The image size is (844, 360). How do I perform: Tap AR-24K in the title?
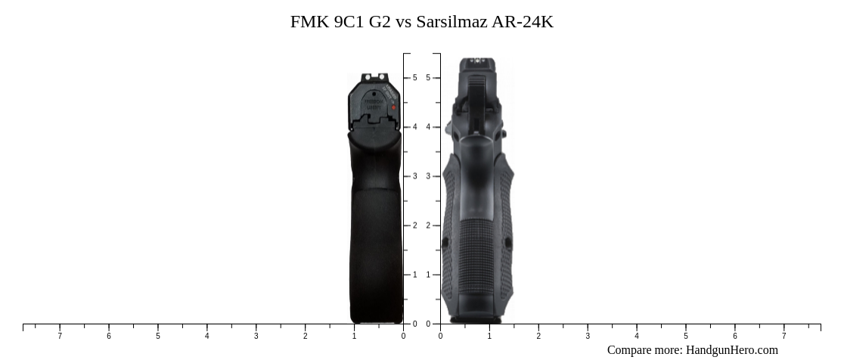click(523, 22)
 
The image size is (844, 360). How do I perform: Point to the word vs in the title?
click(403, 22)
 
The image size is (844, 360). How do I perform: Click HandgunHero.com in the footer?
click(731, 350)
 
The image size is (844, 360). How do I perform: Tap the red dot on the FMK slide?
click(394, 107)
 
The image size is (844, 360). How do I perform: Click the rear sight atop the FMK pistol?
click(374, 77)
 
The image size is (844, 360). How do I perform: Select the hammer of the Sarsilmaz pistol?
click(476, 98)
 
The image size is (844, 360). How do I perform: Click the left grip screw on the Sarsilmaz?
click(445, 243)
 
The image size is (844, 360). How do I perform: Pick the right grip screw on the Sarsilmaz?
click(508, 243)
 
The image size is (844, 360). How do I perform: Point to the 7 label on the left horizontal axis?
click(60, 336)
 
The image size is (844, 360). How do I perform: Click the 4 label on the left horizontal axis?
click(206, 336)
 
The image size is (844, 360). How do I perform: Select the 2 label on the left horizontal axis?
click(305, 336)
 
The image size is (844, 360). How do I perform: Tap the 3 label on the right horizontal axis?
click(588, 336)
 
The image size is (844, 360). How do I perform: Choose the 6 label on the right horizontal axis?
click(734, 336)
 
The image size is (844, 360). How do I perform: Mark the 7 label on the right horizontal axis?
click(783, 336)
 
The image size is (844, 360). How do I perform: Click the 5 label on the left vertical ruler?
click(414, 78)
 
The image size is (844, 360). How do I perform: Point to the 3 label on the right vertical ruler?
click(428, 176)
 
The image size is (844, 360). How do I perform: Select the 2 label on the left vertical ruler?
click(414, 225)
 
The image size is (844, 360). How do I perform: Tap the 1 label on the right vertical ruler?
click(428, 275)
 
